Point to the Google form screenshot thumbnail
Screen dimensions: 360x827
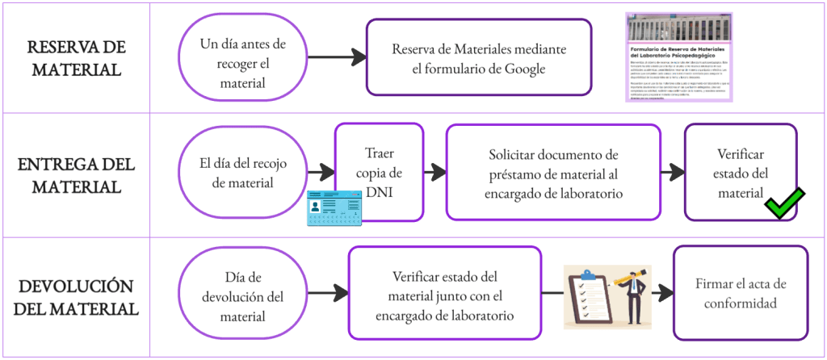click(679, 57)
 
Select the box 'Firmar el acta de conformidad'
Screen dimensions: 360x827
click(740, 293)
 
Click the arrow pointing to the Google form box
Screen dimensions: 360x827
click(336, 57)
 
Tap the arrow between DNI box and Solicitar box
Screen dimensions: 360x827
click(435, 172)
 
